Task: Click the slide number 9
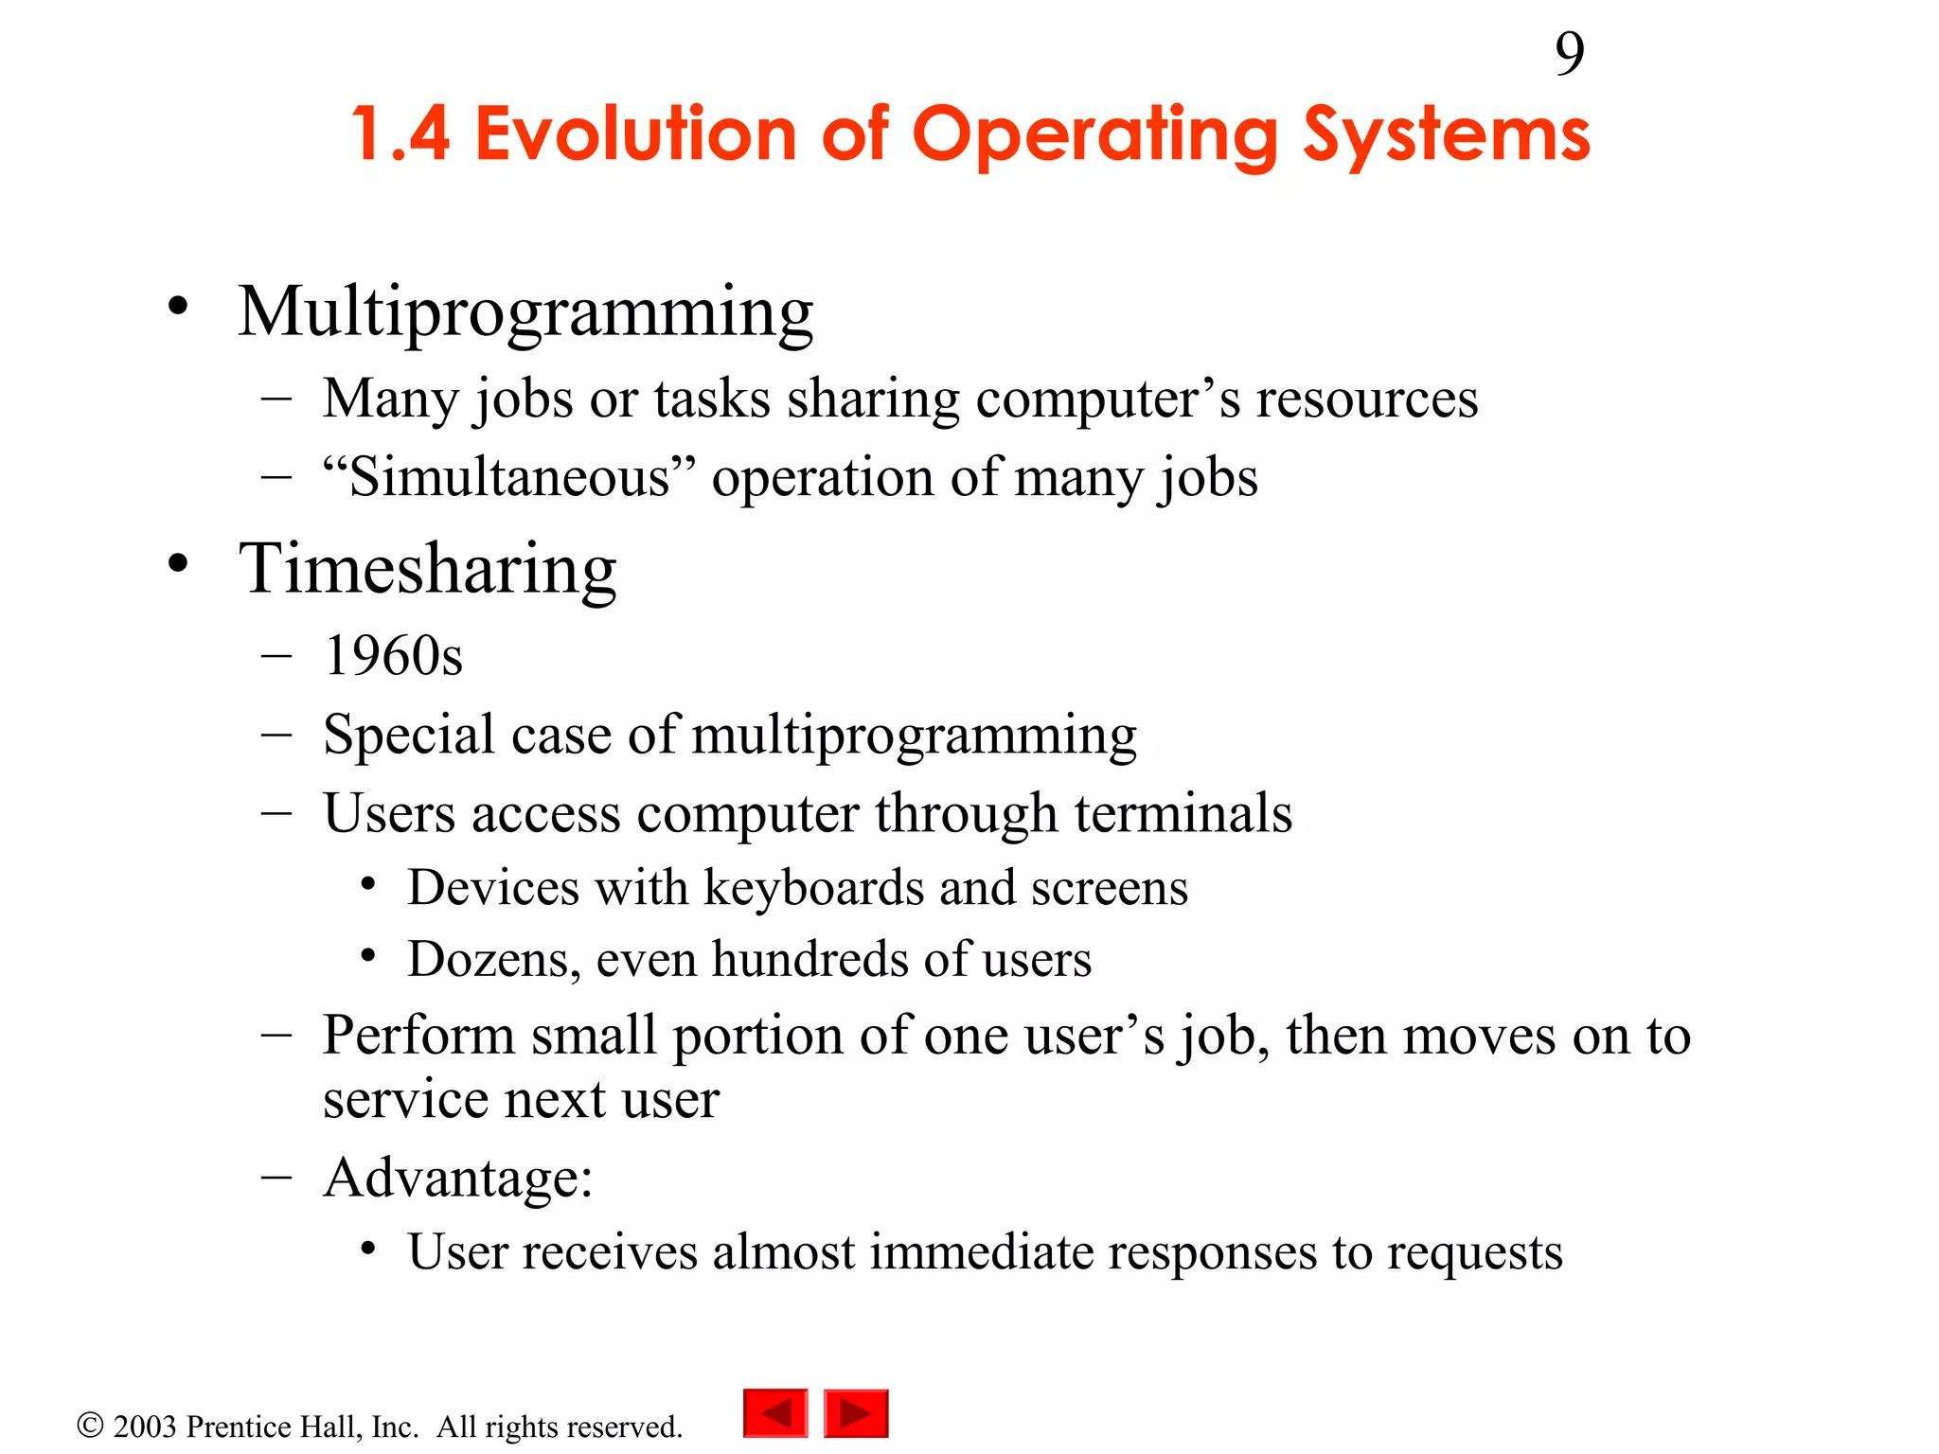tap(1569, 54)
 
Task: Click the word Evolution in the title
tap(635, 134)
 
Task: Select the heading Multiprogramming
tap(525, 312)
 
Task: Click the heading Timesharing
tap(427, 569)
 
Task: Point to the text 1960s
tap(393, 656)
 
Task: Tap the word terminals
tap(1183, 813)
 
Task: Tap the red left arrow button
tap(775, 1413)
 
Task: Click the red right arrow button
tap(856, 1413)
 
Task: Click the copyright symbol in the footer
tap(90, 1426)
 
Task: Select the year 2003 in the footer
tap(145, 1427)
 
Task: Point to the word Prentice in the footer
tap(237, 1427)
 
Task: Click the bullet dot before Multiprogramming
tap(178, 308)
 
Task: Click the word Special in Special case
tap(408, 736)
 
